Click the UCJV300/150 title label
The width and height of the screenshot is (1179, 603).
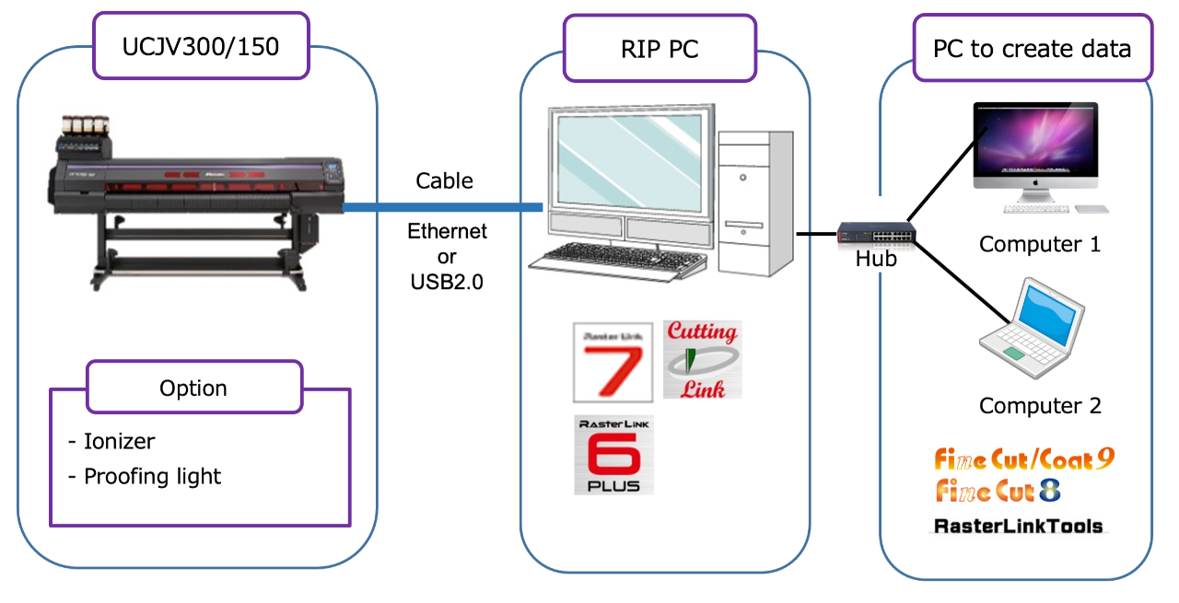201,46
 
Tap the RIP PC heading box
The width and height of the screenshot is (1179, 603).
660,49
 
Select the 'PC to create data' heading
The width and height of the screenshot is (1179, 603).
1033,48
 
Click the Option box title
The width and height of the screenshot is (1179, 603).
193,388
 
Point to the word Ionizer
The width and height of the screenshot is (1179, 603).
120,441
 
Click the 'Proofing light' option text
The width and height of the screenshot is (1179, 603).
153,476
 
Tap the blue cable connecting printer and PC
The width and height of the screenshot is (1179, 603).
443,207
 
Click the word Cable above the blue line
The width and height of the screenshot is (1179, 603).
444,180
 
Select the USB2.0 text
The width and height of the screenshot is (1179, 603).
447,282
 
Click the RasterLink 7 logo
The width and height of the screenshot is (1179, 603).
613,363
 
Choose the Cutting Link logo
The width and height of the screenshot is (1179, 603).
702,360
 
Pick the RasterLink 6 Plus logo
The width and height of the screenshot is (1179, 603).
613,455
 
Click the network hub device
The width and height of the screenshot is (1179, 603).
876,232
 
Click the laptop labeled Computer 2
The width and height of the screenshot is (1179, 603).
1032,328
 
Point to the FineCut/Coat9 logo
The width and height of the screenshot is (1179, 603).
1024,458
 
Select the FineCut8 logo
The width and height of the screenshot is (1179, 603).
998,491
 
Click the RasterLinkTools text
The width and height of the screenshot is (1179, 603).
1019,526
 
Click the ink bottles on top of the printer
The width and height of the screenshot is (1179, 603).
86,124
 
